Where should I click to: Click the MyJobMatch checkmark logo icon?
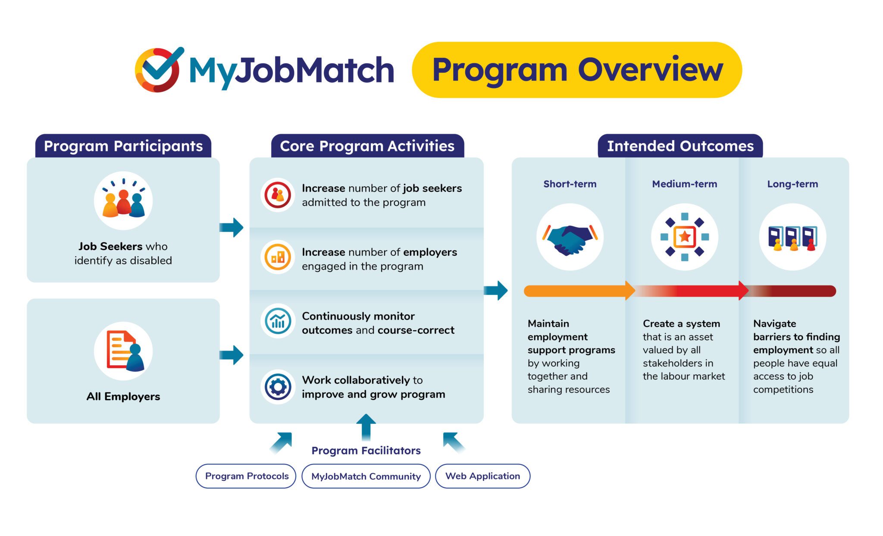click(158, 70)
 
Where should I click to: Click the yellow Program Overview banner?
click(576, 70)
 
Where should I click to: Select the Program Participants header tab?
click(123, 146)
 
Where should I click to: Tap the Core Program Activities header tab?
click(367, 146)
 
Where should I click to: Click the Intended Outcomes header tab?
click(680, 146)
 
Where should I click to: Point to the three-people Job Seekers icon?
click(123, 201)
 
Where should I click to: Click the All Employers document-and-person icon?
click(123, 351)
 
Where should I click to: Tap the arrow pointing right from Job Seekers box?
click(232, 227)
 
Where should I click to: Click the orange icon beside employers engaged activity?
click(278, 258)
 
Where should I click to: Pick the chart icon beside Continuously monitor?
click(278, 321)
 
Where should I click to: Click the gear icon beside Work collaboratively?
click(278, 386)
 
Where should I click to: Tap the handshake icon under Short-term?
click(570, 237)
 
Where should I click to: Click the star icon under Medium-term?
click(684, 237)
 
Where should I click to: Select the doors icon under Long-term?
click(792, 237)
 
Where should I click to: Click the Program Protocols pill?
click(246, 476)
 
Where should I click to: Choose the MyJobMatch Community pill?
click(366, 476)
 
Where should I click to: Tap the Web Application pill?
click(482, 476)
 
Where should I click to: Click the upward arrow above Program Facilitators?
click(366, 426)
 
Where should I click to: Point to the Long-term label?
click(792, 184)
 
